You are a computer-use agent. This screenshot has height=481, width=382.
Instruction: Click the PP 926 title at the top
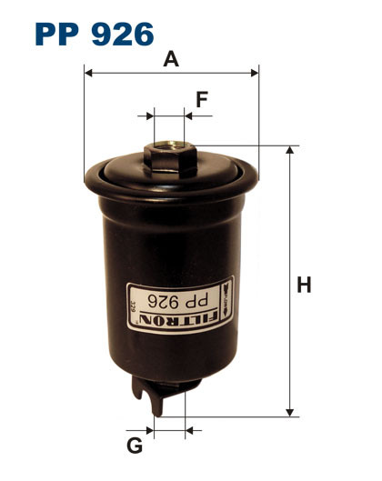click(94, 34)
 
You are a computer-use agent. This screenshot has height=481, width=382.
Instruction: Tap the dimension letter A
click(170, 60)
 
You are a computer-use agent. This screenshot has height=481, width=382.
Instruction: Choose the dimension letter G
click(135, 446)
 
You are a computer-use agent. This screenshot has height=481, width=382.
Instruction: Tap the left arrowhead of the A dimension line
click(87, 71)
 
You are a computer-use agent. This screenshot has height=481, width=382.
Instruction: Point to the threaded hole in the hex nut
click(168, 143)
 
